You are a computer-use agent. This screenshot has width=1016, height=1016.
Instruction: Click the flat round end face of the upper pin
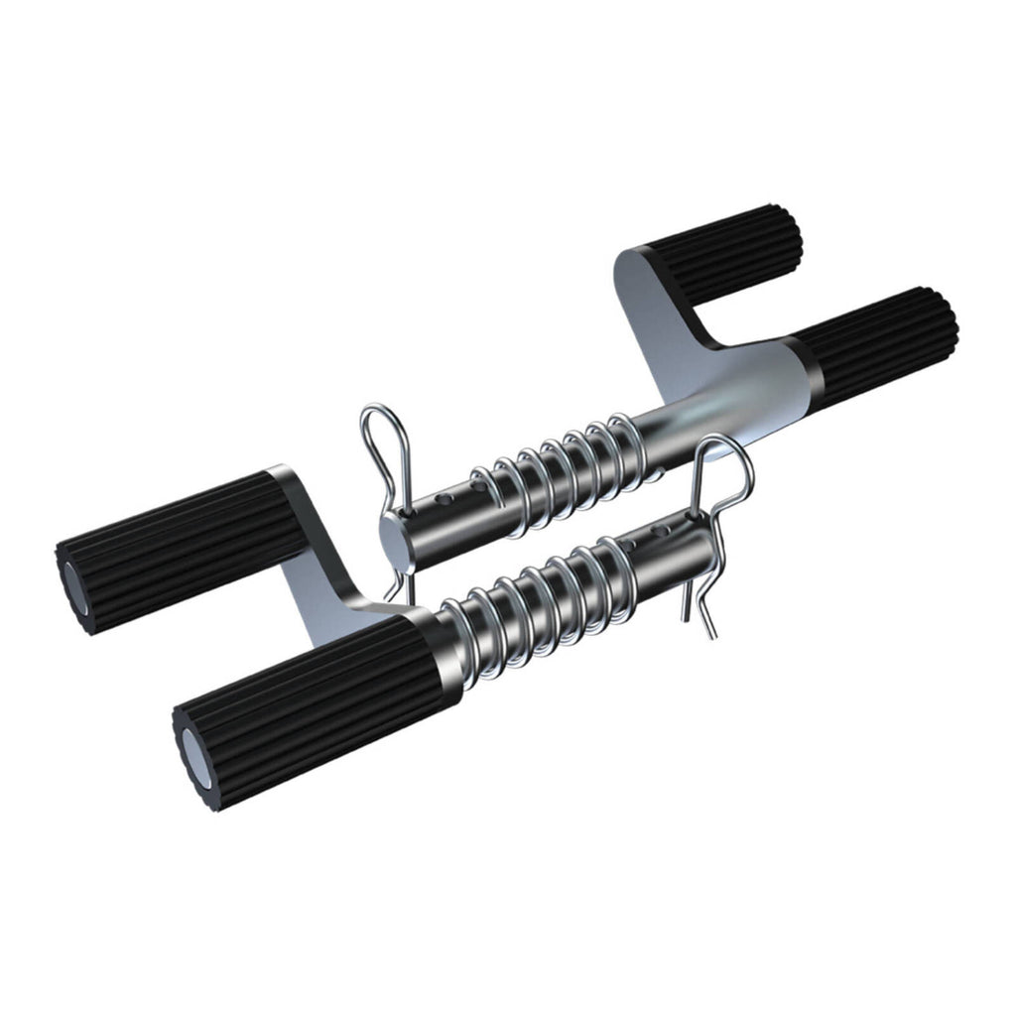pyautogui.click(x=394, y=545)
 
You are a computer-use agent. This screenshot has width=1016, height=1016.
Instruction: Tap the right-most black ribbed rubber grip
pyautogui.click(x=878, y=342)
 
